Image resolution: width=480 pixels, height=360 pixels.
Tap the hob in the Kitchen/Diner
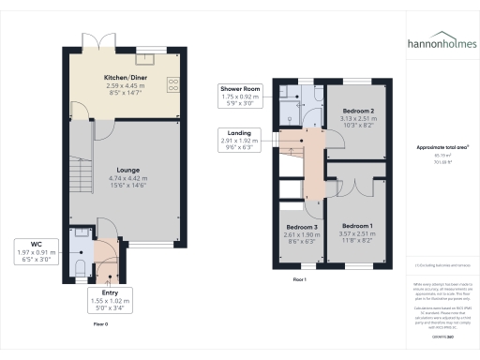[172, 85]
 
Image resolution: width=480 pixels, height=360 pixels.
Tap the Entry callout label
[109, 293]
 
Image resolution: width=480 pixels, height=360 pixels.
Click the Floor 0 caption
[101, 323]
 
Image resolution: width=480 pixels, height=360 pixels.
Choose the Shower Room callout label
[242, 90]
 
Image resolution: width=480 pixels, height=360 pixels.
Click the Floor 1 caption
[300, 280]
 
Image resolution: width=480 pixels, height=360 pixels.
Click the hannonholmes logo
[440, 44]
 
